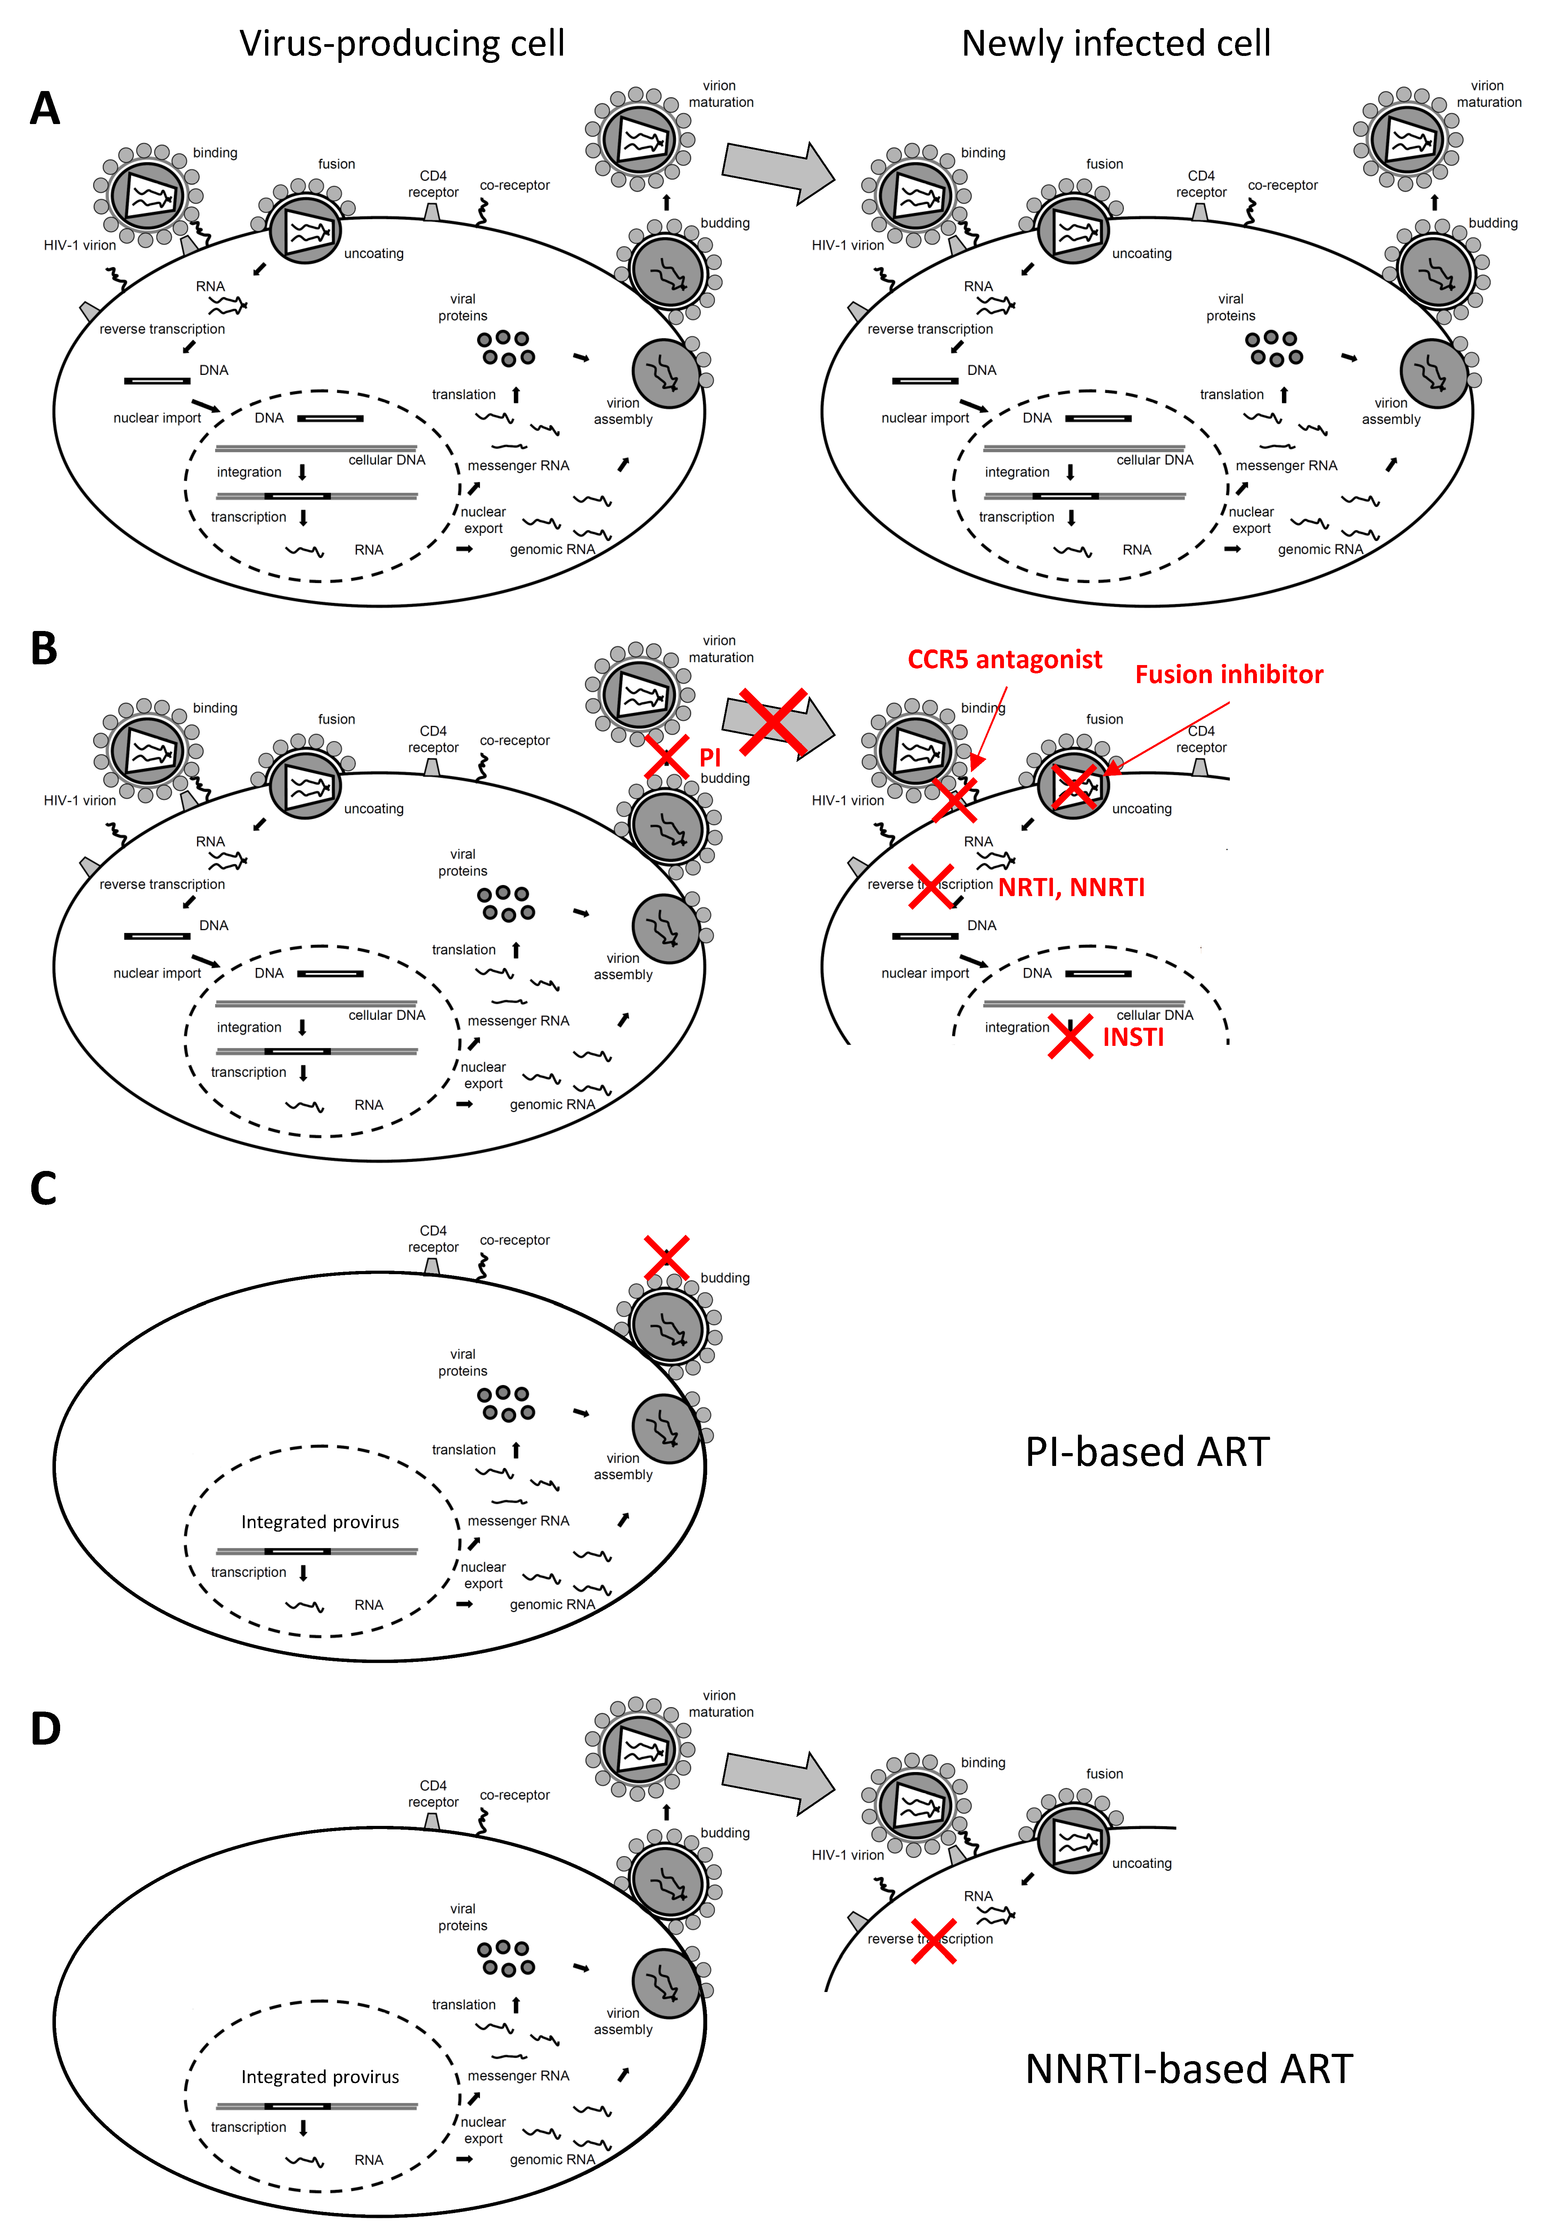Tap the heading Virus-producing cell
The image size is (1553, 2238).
(402, 44)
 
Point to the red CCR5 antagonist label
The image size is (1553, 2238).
(1004, 660)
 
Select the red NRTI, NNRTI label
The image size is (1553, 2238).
(1071, 887)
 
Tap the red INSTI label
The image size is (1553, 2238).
(1133, 1037)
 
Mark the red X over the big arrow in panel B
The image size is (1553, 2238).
(774, 723)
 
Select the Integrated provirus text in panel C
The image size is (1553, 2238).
(320, 1522)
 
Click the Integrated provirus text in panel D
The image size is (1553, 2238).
(320, 2076)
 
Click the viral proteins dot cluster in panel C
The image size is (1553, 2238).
(506, 1403)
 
